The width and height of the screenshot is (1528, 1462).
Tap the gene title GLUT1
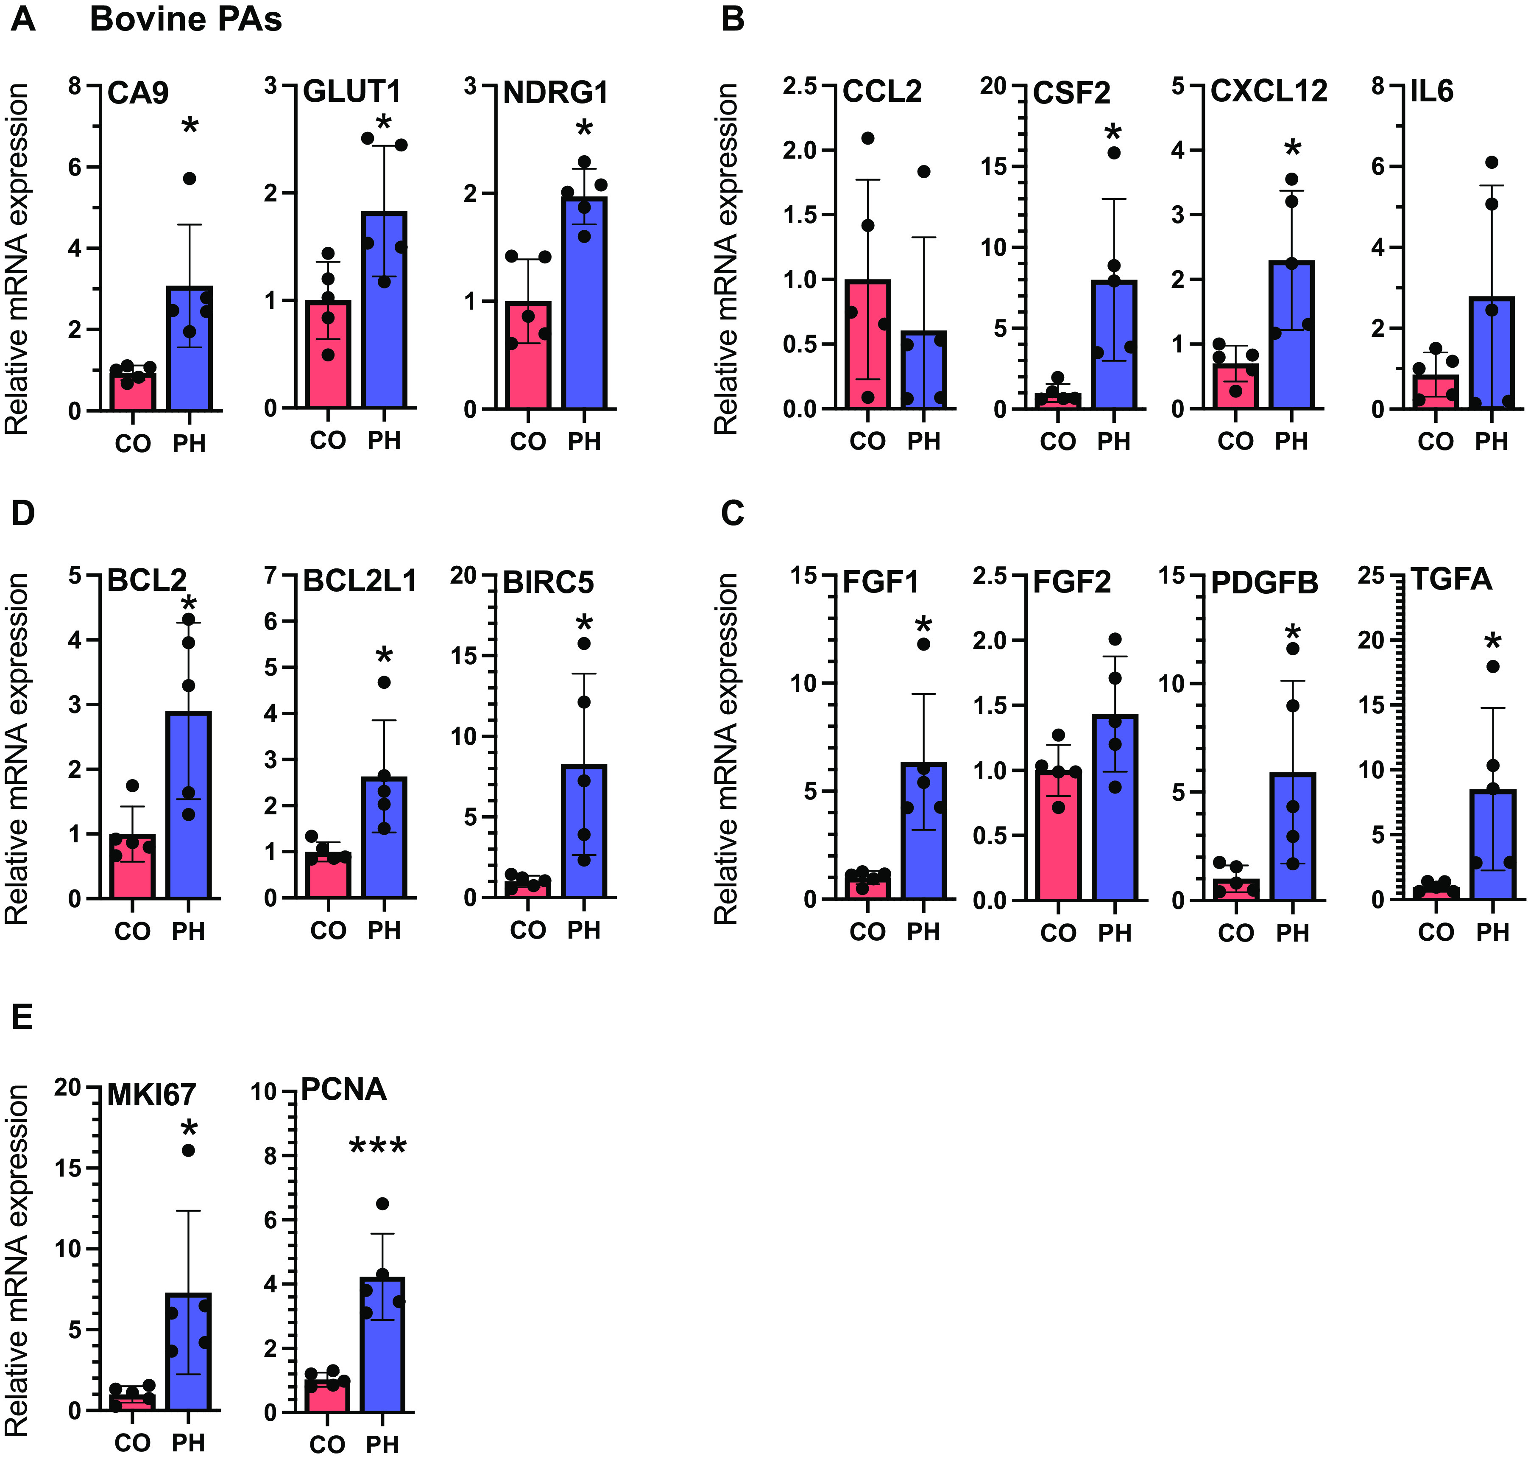pyautogui.click(x=351, y=92)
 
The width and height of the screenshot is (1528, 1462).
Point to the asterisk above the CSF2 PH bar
pyautogui.click(x=1113, y=132)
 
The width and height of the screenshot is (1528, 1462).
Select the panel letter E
pyautogui.click(x=22, y=1018)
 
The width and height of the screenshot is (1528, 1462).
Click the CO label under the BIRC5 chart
pyautogui.click(x=527, y=931)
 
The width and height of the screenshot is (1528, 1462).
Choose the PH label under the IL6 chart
pyautogui.click(x=1492, y=442)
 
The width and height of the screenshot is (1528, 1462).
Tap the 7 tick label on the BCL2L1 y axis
pyautogui.click(x=270, y=576)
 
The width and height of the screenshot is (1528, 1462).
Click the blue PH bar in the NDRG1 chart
pyautogui.click(x=584, y=304)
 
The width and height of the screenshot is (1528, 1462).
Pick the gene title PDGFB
pyautogui.click(x=1265, y=583)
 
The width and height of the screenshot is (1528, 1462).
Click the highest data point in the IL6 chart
pyautogui.click(x=1492, y=162)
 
